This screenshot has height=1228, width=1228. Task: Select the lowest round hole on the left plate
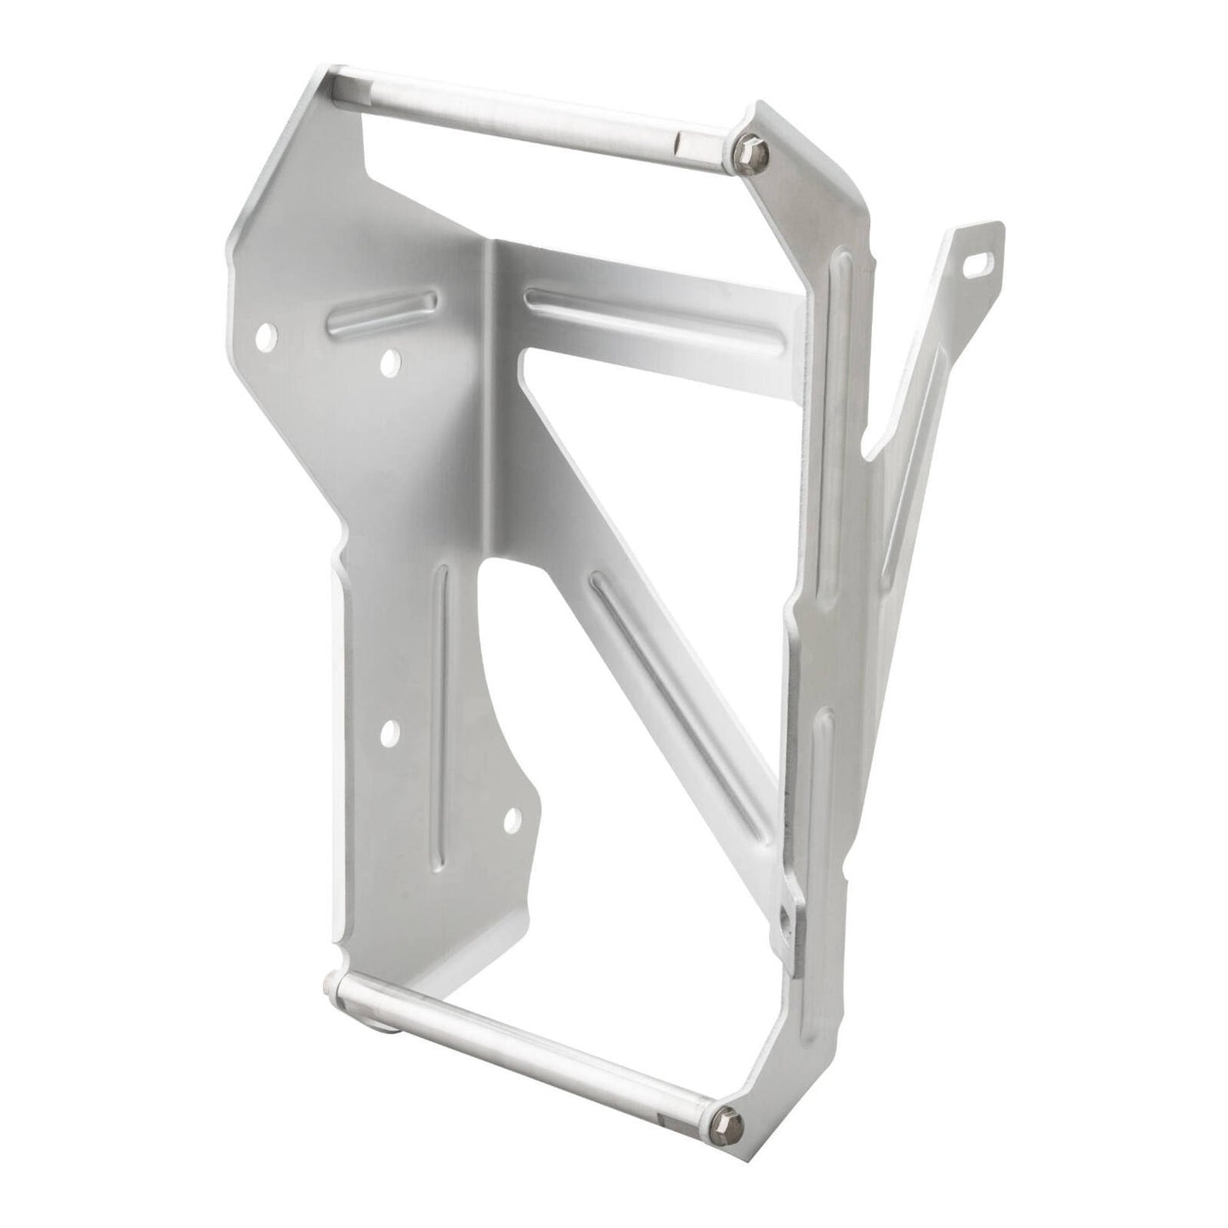[x=512, y=818]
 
